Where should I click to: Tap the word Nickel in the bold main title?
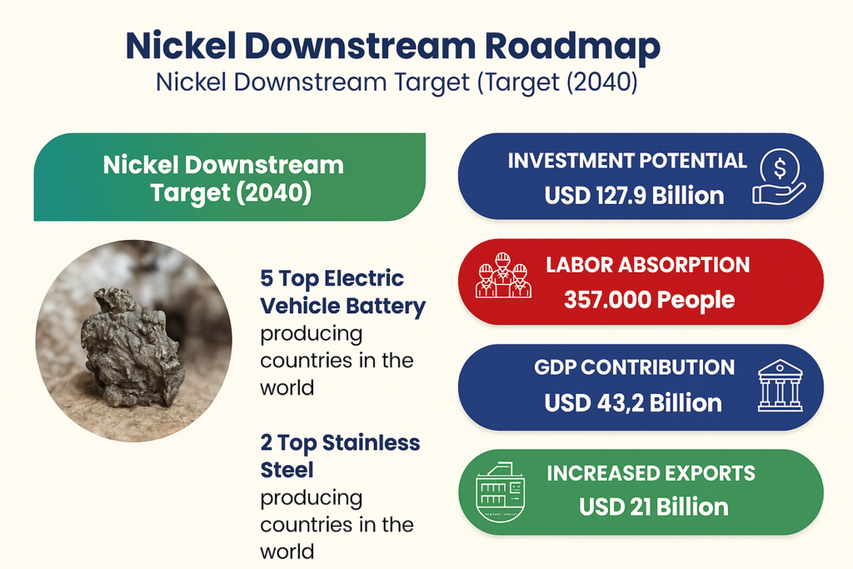coord(181,45)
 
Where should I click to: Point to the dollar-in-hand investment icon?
coord(779,177)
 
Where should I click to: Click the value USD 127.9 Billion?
coord(634,196)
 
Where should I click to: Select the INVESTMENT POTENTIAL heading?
coord(627,161)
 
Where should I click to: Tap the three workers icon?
coord(503,275)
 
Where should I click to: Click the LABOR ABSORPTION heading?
coord(648,265)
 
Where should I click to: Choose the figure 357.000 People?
coord(650,300)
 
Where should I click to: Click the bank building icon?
coord(780,385)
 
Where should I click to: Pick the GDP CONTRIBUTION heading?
coord(634,367)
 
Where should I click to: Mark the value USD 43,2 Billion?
coord(633,403)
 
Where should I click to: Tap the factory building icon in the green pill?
coord(501,492)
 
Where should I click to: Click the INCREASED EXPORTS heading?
coord(651,473)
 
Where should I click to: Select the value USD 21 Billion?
coord(653,507)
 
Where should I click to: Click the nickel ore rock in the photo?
coord(130,348)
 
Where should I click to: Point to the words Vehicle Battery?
coord(342,306)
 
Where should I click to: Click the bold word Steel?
coord(287,470)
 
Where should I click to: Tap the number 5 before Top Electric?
coord(267,278)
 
